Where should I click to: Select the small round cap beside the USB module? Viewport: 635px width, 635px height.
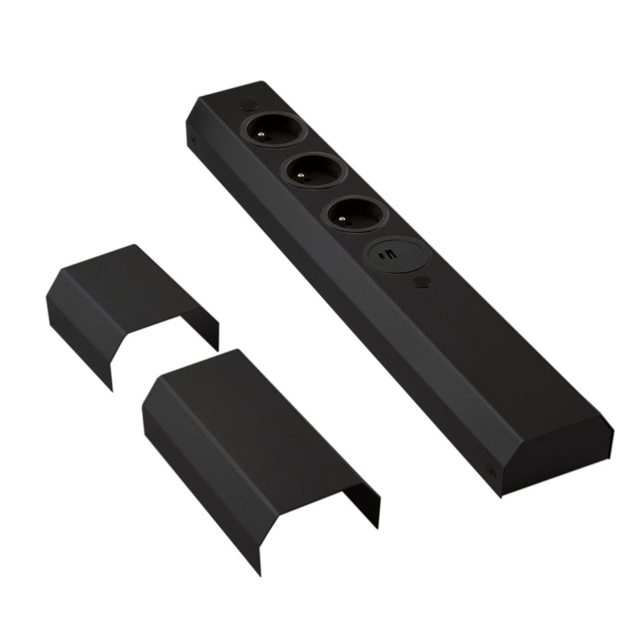tap(422, 282)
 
